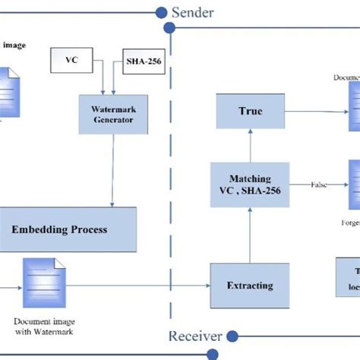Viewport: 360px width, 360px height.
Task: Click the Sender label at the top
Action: tap(193, 11)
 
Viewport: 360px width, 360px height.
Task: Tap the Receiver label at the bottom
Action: tap(194, 336)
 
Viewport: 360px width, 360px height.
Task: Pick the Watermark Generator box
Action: tap(112, 114)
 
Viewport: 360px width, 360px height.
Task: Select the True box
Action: tap(250, 111)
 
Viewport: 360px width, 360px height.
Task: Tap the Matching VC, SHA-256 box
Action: tap(250, 185)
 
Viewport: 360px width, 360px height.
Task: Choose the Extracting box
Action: tap(250, 286)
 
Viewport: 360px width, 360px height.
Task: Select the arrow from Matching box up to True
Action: tap(250, 146)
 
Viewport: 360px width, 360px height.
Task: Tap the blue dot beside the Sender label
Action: tap(161, 11)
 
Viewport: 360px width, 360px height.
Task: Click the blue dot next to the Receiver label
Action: tap(233, 336)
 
